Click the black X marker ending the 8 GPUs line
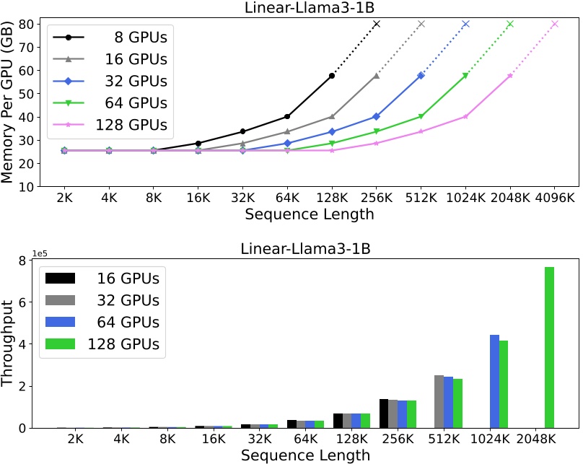click(x=377, y=24)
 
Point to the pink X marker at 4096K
click(x=555, y=24)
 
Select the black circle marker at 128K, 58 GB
click(x=332, y=75)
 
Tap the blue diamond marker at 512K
click(x=421, y=75)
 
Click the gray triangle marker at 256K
click(x=377, y=75)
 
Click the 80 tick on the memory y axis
click(x=23, y=24)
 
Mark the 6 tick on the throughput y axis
click(x=27, y=302)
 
